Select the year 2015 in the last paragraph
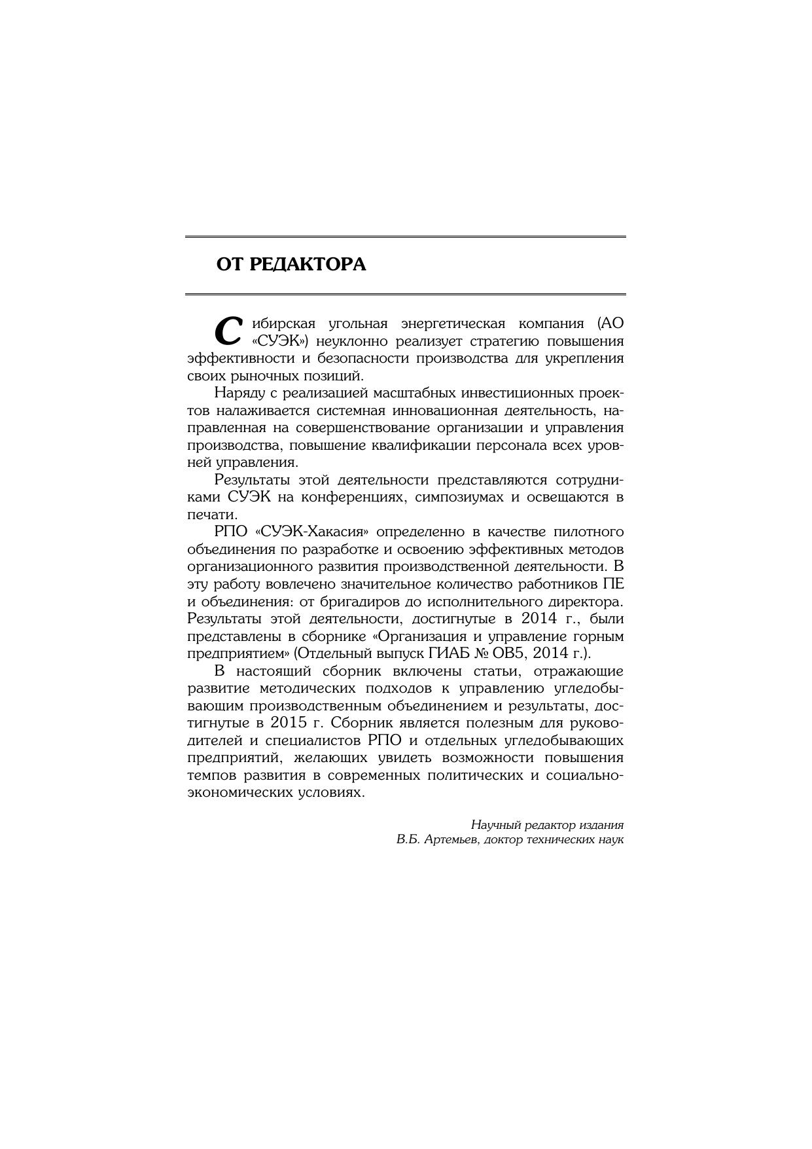[289, 723]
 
